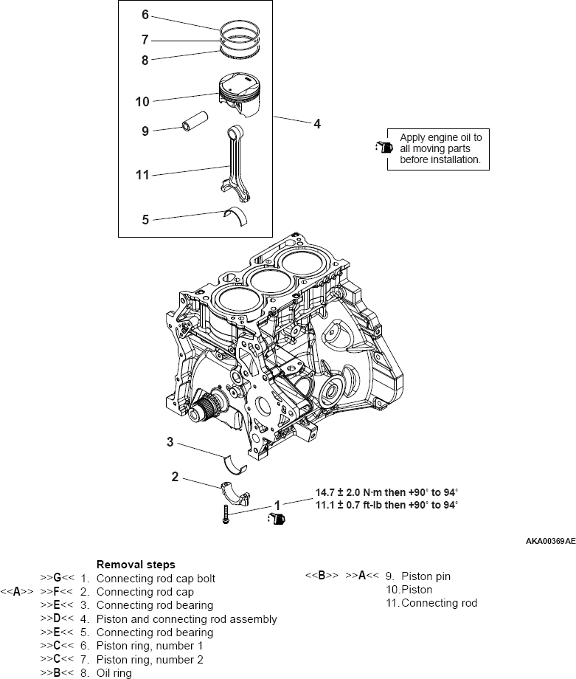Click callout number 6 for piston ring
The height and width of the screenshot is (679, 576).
tap(145, 15)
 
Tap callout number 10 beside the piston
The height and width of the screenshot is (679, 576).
tap(142, 101)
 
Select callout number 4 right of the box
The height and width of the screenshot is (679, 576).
tap(317, 124)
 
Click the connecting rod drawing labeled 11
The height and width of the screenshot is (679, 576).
tap(237, 163)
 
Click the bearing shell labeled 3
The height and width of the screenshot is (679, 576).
tap(235, 463)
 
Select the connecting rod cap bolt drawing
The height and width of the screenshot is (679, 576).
tap(226, 514)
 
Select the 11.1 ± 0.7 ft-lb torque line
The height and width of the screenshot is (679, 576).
tap(386, 505)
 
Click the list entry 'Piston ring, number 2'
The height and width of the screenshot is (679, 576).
tap(150, 659)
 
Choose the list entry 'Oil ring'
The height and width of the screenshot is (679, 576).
tap(114, 672)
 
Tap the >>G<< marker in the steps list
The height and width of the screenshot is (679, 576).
tap(58, 578)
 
